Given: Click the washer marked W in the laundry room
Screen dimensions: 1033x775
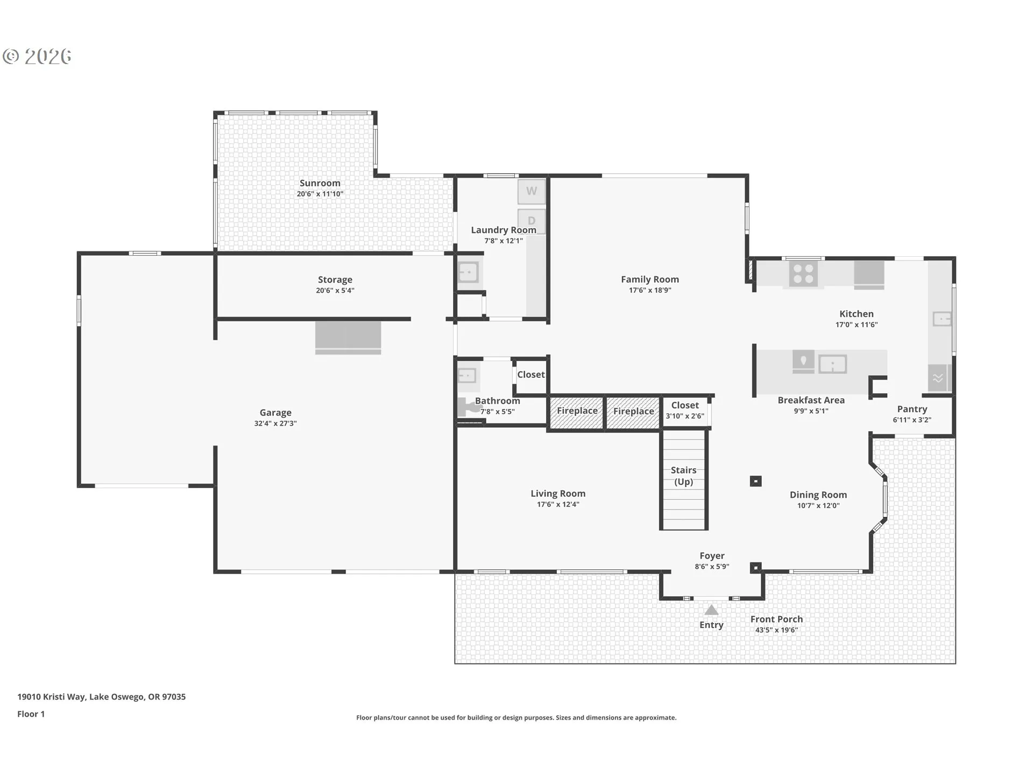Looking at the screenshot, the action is [532, 192].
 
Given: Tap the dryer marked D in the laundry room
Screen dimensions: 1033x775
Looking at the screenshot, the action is [532, 221].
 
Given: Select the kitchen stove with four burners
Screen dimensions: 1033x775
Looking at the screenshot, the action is [803, 273].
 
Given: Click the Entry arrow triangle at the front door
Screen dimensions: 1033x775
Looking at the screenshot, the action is [711, 610].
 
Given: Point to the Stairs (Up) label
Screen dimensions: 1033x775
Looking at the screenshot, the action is [683, 476].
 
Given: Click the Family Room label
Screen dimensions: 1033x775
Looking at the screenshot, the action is [650, 279].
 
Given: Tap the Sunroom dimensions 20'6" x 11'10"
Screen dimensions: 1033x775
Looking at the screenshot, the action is [320, 194].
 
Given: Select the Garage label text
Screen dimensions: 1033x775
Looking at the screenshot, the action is [275, 413].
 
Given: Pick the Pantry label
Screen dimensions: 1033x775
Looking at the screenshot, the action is [912, 410].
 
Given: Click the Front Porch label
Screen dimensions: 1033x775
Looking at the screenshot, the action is [776, 619].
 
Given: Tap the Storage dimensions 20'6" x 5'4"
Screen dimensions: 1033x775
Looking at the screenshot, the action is [335, 291].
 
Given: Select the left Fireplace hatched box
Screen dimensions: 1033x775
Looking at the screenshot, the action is [577, 413].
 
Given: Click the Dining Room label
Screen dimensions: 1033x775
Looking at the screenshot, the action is [818, 495].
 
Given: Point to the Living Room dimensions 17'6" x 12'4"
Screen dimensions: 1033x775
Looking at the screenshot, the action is [558, 504].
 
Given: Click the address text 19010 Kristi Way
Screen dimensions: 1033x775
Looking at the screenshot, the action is [51, 696].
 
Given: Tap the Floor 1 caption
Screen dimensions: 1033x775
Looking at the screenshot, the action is [31, 714].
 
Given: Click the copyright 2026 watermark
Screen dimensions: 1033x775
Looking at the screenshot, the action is [37, 57].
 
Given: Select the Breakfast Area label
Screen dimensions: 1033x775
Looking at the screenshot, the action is [811, 400].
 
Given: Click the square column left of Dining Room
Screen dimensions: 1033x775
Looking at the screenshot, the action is [755, 481].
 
